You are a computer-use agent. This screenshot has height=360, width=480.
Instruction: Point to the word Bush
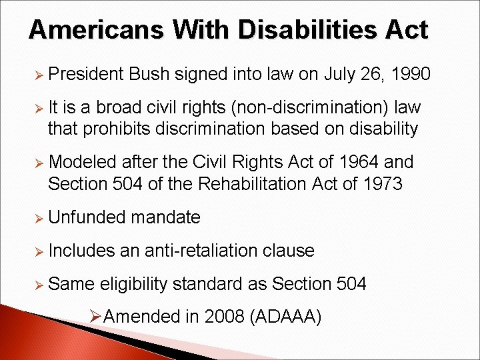click(150, 74)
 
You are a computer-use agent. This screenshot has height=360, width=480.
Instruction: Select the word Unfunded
click(87, 217)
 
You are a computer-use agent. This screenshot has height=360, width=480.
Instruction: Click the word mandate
click(166, 217)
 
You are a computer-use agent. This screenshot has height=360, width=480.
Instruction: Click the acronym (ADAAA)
click(285, 316)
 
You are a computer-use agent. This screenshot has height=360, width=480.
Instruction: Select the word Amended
click(142, 316)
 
